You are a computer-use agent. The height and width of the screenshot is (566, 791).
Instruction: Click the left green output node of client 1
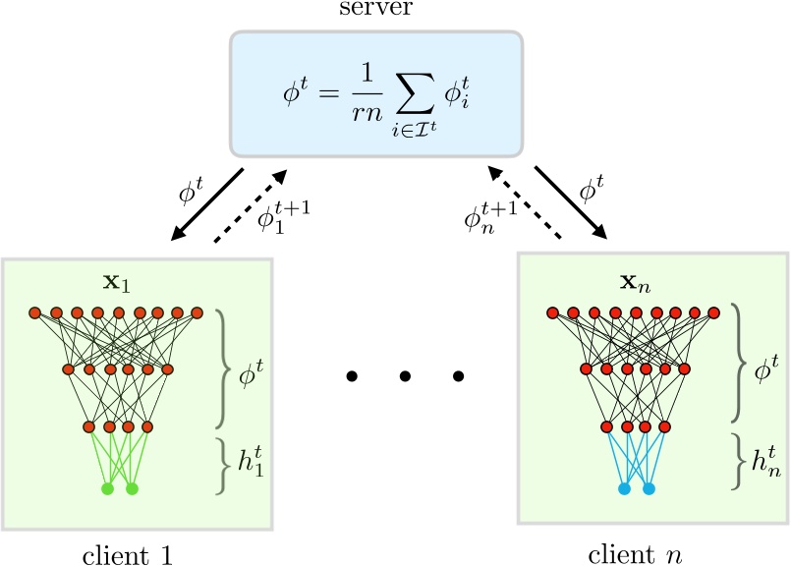coord(108,488)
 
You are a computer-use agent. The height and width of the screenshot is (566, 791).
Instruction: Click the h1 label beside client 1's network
coord(256,459)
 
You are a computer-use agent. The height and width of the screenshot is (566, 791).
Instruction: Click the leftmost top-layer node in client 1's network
coord(34,313)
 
